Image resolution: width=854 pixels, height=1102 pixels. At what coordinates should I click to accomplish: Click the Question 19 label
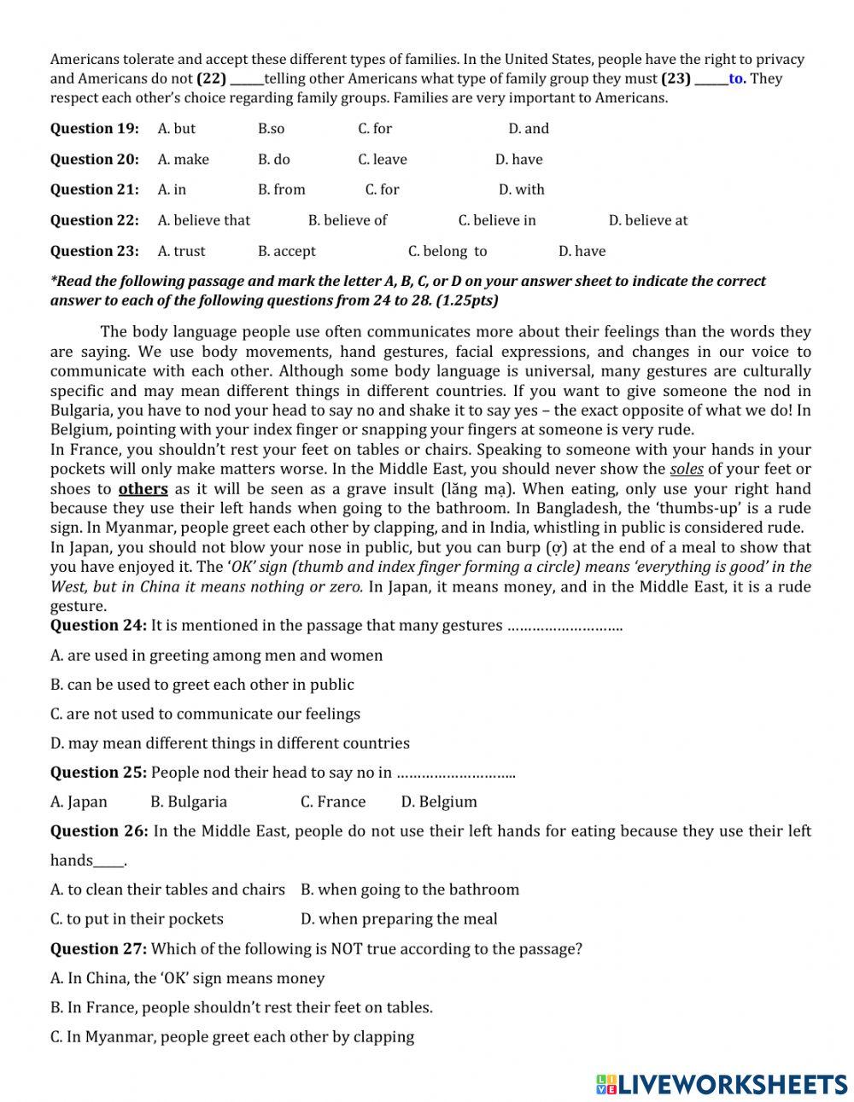point(94,129)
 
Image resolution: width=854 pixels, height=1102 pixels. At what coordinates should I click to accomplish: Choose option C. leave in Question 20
point(382,160)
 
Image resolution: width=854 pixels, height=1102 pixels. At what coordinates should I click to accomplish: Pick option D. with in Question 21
point(521,189)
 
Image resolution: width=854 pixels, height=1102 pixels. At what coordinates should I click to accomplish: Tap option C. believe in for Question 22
point(497,220)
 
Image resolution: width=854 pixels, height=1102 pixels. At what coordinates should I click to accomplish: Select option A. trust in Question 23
point(181,251)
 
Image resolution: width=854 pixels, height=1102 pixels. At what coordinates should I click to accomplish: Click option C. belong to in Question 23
point(447,251)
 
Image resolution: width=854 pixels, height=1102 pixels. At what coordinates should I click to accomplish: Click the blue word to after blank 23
point(736,79)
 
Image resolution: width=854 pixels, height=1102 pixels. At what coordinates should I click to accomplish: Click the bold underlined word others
point(143,489)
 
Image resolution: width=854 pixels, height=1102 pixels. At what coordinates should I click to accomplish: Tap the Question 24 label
point(98,626)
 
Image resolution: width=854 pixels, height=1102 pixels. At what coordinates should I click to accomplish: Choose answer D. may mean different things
point(230,743)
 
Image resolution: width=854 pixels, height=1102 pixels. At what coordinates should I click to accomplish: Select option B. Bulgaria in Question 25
point(189,802)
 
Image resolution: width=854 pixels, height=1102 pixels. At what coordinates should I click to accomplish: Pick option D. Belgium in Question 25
point(439,802)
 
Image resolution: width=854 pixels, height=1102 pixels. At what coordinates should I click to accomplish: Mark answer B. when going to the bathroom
point(410,889)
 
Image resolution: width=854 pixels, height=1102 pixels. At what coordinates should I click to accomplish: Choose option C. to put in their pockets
point(137,919)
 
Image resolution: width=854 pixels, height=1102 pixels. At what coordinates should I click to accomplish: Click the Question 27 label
point(98,949)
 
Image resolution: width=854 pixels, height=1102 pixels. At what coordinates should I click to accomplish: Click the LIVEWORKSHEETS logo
point(722,1084)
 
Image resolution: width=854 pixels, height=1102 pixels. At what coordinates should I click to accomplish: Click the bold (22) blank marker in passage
point(211,79)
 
